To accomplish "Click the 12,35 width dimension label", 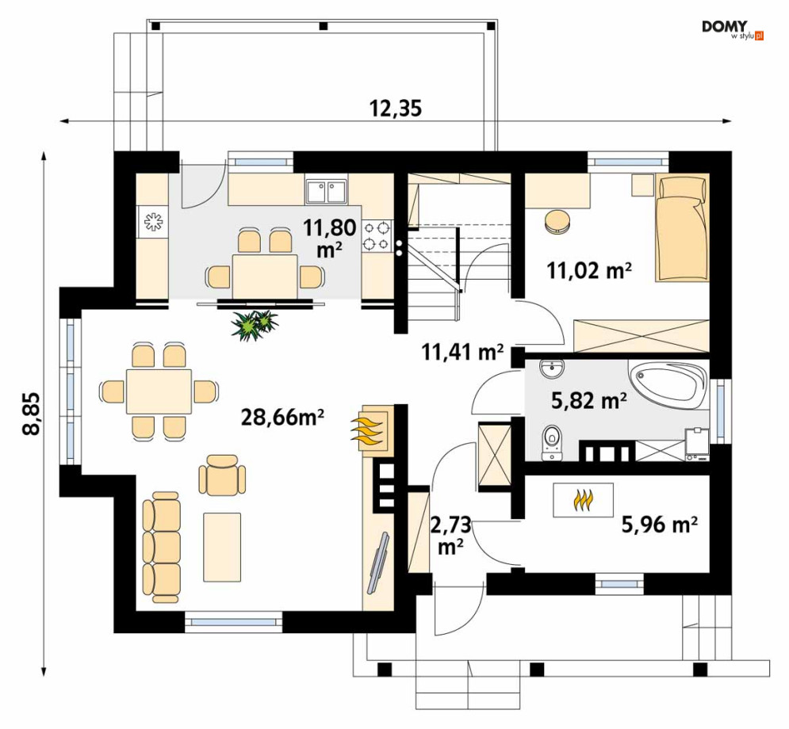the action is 396,108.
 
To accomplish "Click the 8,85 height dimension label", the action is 31,414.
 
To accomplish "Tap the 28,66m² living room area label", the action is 282,417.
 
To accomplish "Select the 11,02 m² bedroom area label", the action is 589,270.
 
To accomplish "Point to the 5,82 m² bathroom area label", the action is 588,401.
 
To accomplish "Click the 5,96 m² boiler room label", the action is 659,525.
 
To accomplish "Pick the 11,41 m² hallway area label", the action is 462,352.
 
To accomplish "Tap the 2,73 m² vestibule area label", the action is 451,536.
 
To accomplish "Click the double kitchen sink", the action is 326,192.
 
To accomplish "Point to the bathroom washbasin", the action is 553,369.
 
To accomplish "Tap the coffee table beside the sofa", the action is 222,547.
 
